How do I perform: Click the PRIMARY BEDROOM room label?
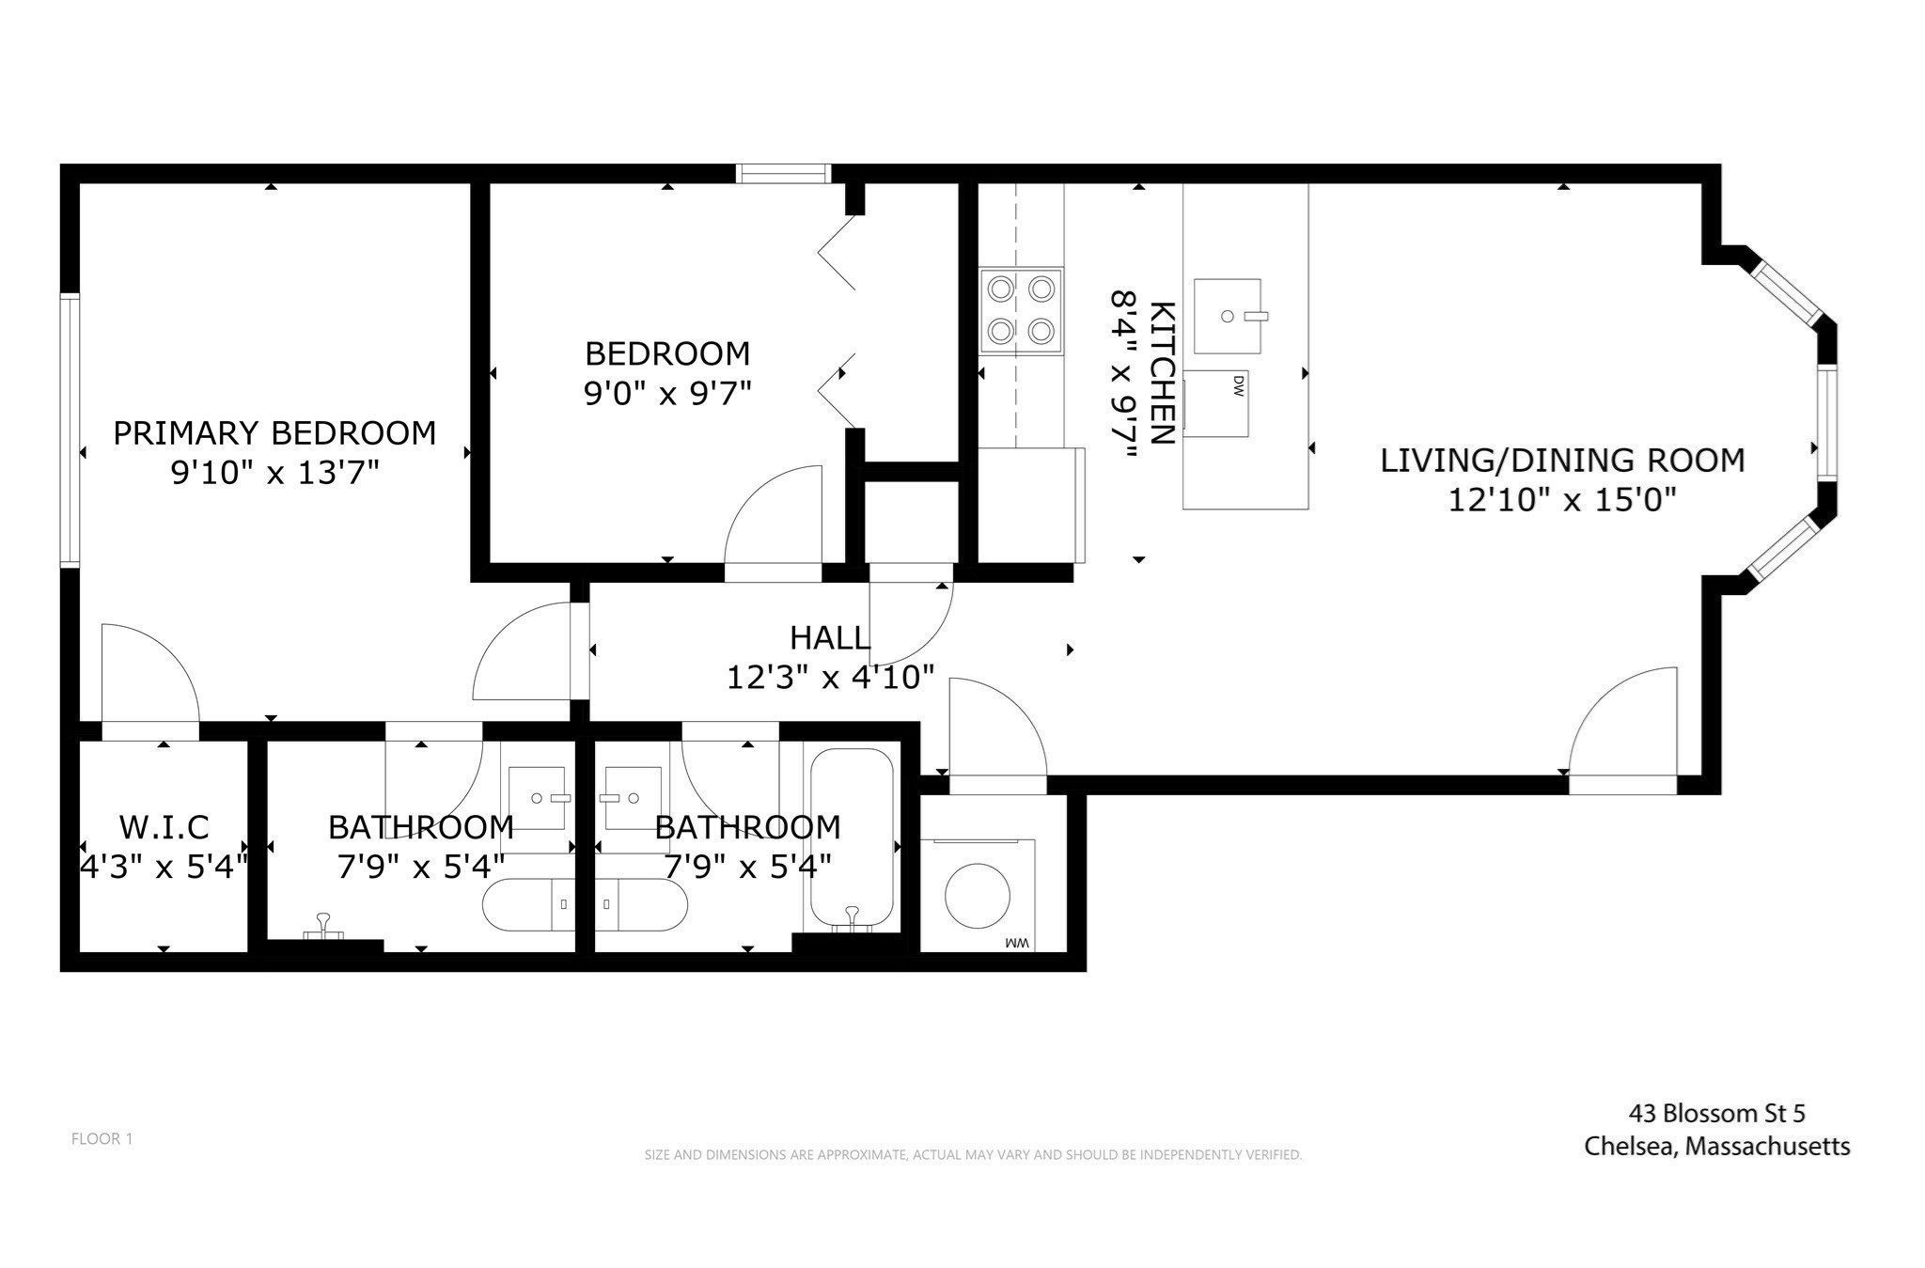coord(274,432)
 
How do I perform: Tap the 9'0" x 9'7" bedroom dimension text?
coord(667,393)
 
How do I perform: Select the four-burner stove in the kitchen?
coord(1021,310)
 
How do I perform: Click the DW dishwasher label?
coord(1238,384)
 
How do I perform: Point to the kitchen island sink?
coord(1228,316)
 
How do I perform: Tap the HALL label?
coord(829,638)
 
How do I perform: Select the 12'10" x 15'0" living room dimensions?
coord(1562,499)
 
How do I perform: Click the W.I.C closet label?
coord(164,827)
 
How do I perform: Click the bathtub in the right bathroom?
coord(852,837)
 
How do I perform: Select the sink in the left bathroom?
coord(538,798)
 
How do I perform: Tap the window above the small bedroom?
coord(784,173)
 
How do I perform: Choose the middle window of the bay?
coord(1826,423)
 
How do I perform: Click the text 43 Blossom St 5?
coord(1716,1114)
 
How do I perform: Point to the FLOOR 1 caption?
coord(102,1139)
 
